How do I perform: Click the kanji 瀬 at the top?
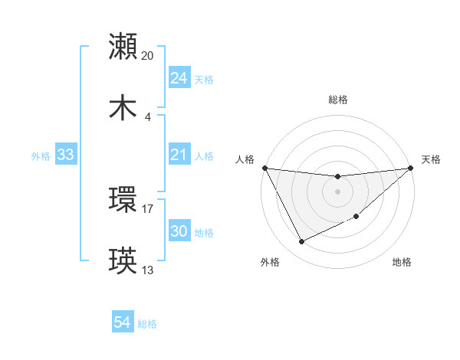[123, 47]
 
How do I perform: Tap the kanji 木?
[123, 108]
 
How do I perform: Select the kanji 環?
[123, 200]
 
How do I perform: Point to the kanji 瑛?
[123, 261]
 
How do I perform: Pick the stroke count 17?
[148, 208]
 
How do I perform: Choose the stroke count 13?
[148, 270]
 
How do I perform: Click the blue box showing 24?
[179, 78]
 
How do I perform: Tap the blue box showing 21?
[179, 155]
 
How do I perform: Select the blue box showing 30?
[179, 231]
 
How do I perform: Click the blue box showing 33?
[65, 155]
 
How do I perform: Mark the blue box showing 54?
[122, 323]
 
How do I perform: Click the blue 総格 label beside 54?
[147, 324]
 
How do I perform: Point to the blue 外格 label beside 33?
[41, 155]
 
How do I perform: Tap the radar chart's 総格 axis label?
[337, 100]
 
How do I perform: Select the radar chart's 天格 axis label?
[431, 159]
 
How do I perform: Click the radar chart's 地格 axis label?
[402, 262]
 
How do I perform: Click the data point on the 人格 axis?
[264, 168]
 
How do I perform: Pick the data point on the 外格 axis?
[301, 242]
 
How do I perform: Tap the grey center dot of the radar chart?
[337, 191]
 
